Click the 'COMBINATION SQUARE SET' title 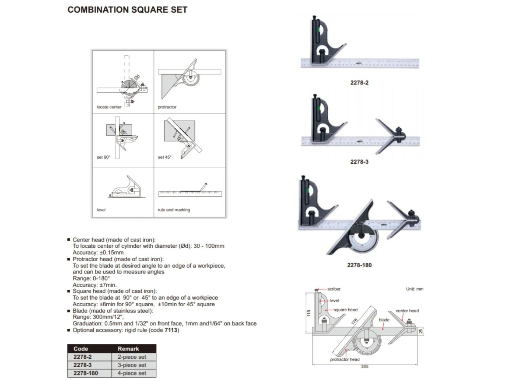click(x=127, y=10)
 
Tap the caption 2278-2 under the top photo click(x=359, y=83)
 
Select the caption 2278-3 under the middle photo click(x=359, y=161)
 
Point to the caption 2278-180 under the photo click(x=359, y=265)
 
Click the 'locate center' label click(x=109, y=107)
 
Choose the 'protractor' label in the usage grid click(x=167, y=107)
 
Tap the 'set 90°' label click(x=103, y=157)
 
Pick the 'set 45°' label click(x=164, y=157)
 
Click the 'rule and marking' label click(x=174, y=210)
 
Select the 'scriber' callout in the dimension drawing click(x=334, y=289)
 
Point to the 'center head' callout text click(x=407, y=310)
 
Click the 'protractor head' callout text click(x=345, y=359)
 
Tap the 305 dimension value click(x=365, y=366)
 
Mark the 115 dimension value click(x=309, y=313)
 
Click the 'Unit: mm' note click(x=414, y=289)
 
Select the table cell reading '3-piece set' click(x=132, y=365)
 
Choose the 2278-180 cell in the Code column click(x=85, y=373)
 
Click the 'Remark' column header click(x=128, y=349)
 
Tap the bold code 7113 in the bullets click(x=171, y=330)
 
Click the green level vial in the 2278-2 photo click(x=318, y=30)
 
